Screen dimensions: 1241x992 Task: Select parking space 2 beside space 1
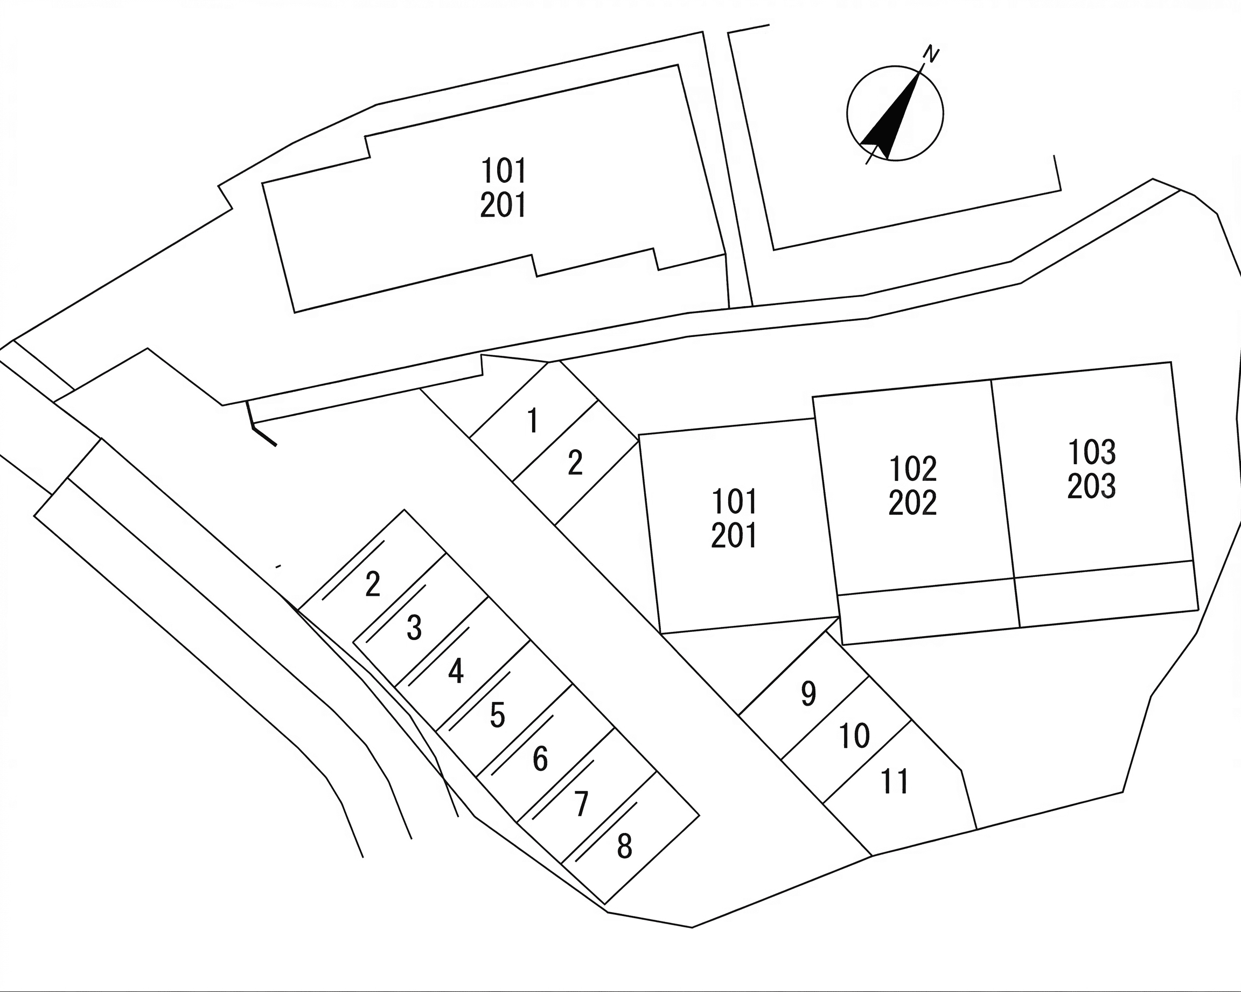[575, 463]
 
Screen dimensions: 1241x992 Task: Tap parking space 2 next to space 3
[373, 584]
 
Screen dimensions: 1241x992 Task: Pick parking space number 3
[414, 628]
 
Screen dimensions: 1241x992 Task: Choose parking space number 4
[456, 672]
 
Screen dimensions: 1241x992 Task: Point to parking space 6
[540, 759]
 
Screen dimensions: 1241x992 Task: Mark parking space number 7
[581, 803]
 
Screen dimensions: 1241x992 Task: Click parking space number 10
[855, 736]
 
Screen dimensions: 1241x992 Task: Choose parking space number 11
[895, 782]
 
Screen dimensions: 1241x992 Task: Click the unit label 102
[914, 469]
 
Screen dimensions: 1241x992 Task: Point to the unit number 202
[913, 502]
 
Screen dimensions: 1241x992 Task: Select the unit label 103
[1092, 452]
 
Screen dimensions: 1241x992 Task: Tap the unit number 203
[1092, 486]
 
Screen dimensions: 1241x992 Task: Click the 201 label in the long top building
[504, 205]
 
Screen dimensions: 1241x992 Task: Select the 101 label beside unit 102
[735, 501]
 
